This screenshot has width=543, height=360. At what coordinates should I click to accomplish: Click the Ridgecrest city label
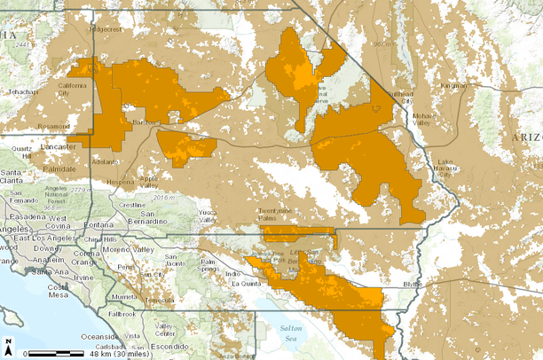point(105,28)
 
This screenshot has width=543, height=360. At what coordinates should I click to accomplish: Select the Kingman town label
point(452,85)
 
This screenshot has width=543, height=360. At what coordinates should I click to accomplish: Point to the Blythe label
point(414,285)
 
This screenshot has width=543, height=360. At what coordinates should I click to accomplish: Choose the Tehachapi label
point(23,90)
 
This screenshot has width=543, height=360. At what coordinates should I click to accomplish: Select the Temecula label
point(161,300)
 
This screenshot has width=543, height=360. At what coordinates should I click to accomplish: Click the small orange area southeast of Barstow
point(186,147)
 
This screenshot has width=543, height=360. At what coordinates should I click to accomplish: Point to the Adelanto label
point(105,162)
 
